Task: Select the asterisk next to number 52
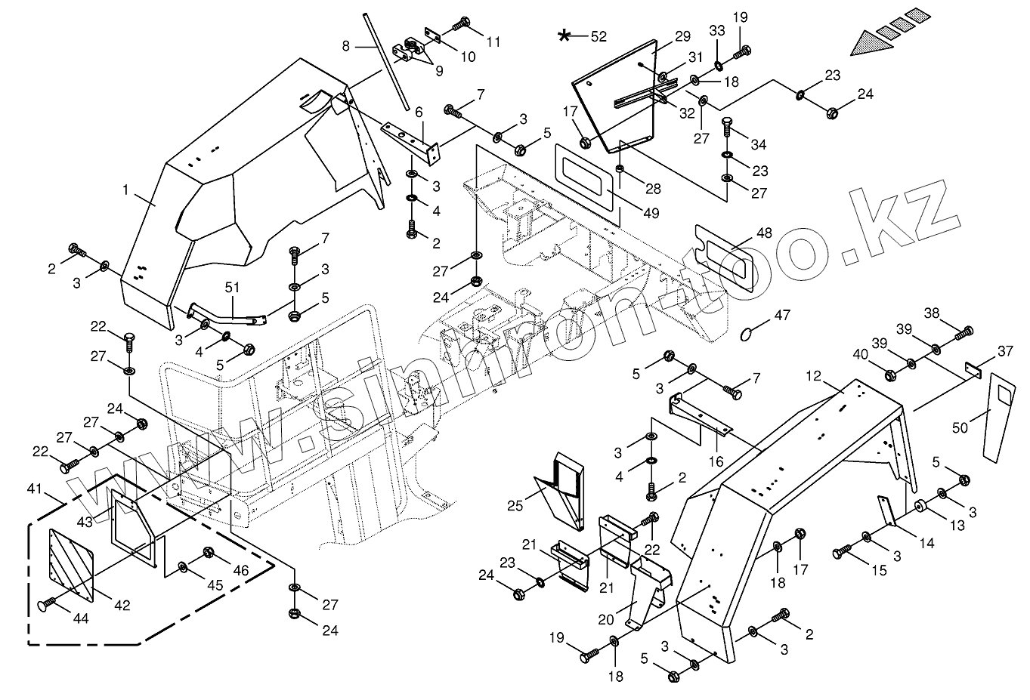tap(564, 35)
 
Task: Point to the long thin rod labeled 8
tap(385, 60)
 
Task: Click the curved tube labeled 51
tap(227, 315)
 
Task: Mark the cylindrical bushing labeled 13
tap(922, 507)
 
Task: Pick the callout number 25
tap(515, 504)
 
